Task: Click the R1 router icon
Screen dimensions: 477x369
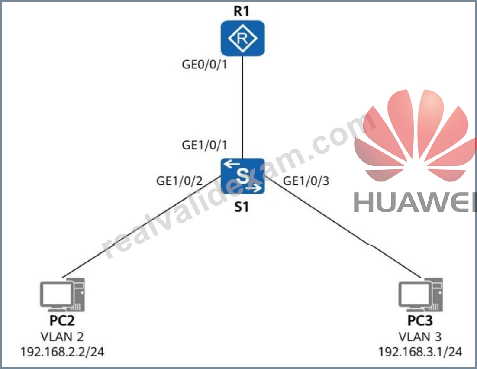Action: pyautogui.click(x=242, y=38)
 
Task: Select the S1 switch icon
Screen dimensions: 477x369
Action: pyautogui.click(x=242, y=176)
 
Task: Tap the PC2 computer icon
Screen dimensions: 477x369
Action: pyautogui.click(x=62, y=295)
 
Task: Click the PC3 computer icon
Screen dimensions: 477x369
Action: pyautogui.click(x=420, y=295)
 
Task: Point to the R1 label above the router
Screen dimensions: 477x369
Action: pyautogui.click(x=241, y=11)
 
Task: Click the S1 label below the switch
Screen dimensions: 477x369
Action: pyautogui.click(x=242, y=207)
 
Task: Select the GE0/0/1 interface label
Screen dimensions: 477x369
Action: pyautogui.click(x=204, y=65)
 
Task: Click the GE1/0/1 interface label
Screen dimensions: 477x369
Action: pyautogui.click(x=204, y=145)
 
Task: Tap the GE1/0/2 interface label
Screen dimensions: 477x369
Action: pyautogui.click(x=179, y=181)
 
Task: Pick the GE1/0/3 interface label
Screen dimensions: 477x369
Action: pyautogui.click(x=306, y=181)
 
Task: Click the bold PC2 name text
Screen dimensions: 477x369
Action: pyautogui.click(x=62, y=320)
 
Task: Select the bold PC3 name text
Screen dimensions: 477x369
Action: pyautogui.click(x=420, y=320)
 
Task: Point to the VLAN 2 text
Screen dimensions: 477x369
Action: pyautogui.click(x=62, y=337)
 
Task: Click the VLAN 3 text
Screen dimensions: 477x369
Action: pyautogui.click(x=420, y=337)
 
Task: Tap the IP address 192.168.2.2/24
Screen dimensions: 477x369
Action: pyautogui.click(x=62, y=352)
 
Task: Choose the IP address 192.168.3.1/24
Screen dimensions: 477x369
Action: pyautogui.click(x=420, y=352)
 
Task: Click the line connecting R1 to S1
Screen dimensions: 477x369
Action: pyautogui.click(x=242, y=107)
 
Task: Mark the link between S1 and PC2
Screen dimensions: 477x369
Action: pyautogui.click(x=142, y=227)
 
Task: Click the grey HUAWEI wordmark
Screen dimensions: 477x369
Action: pyautogui.click(x=415, y=202)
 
